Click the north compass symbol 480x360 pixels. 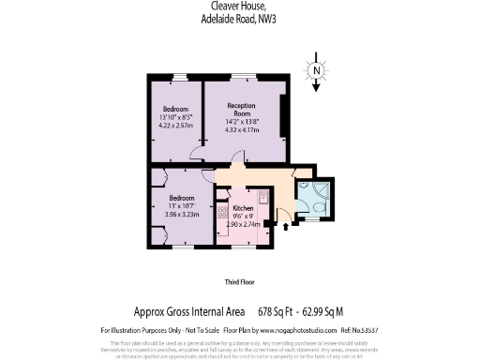click(317, 72)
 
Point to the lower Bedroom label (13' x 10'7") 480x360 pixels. click(182, 199)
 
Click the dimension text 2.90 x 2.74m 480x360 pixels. click(243, 225)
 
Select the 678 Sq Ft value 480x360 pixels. click(278, 311)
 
